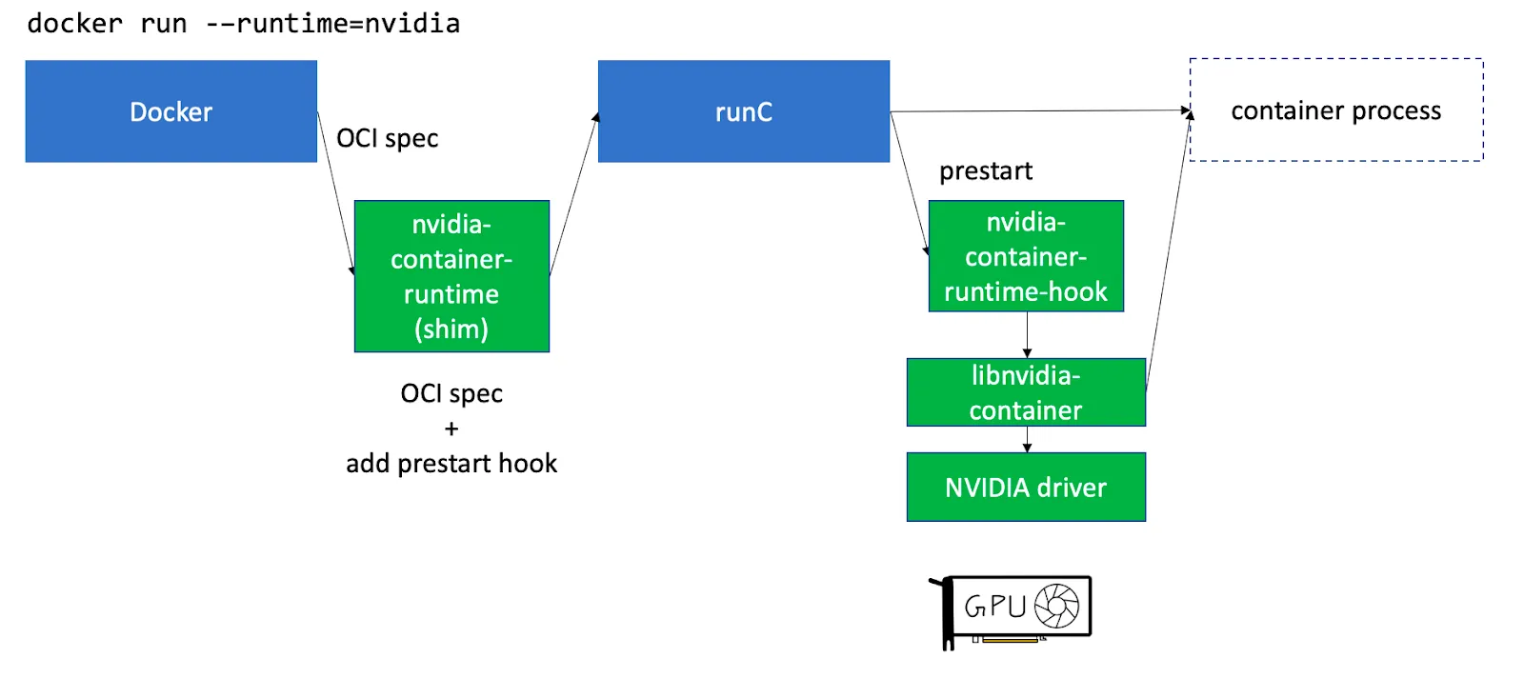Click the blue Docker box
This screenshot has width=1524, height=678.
[x=170, y=111]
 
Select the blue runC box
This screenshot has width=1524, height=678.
[x=743, y=111]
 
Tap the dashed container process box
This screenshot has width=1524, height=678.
[x=1335, y=110]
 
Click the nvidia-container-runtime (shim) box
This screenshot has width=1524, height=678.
[x=451, y=276]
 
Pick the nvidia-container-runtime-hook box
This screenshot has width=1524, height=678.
[x=1026, y=256]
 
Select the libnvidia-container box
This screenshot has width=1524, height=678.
[x=1026, y=392]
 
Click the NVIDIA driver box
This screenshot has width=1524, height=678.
[x=1026, y=488]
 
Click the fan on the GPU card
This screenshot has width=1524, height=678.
[x=1056, y=606]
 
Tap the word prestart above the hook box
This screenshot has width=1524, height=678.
[x=986, y=171]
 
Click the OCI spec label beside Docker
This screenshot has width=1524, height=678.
[x=387, y=139]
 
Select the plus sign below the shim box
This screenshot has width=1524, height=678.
[x=451, y=429]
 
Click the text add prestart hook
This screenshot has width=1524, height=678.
[x=451, y=464]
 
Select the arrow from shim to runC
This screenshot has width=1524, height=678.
[x=574, y=194]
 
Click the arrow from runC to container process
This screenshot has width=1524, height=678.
[x=1038, y=111]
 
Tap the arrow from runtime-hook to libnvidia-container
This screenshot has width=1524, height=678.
[x=1027, y=334]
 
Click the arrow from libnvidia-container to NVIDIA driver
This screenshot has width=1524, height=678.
[x=1027, y=439]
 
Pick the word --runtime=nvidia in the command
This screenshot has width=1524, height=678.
[x=333, y=24]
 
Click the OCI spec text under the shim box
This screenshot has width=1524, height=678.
[x=451, y=394]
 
